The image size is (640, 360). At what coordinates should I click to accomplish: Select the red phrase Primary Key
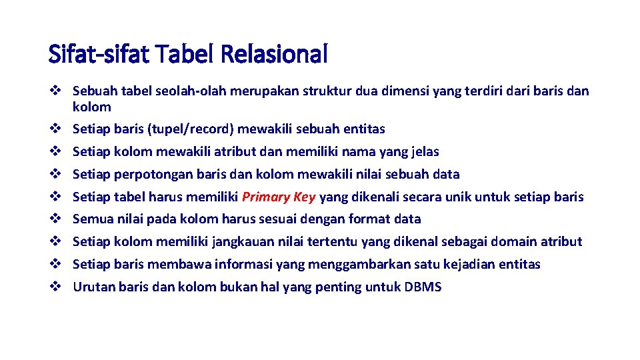click(279, 197)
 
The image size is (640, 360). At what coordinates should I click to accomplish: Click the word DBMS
click(423, 287)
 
